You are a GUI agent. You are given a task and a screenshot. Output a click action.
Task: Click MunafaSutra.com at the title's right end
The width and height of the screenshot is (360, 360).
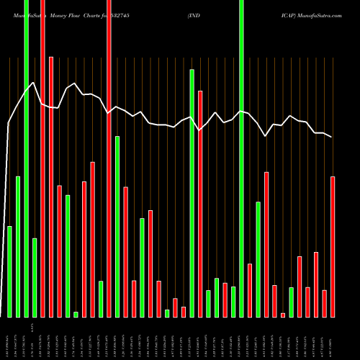[x=317, y=14]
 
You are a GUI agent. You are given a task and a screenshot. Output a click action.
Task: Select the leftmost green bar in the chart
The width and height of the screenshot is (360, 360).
[x=9, y=271]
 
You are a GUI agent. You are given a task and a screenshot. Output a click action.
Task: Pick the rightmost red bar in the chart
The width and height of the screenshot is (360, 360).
[x=333, y=246]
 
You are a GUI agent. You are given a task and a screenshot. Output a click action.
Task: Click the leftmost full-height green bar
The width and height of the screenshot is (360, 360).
[x=26, y=158]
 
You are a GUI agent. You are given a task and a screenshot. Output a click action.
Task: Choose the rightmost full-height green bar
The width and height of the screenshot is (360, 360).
[x=241, y=158]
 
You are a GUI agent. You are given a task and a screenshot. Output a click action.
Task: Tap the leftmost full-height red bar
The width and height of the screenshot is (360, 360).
[x=42, y=158]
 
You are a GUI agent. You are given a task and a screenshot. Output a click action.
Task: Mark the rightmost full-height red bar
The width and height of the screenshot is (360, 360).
[x=109, y=158]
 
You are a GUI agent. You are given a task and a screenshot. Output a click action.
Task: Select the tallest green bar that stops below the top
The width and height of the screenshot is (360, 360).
[x=192, y=193]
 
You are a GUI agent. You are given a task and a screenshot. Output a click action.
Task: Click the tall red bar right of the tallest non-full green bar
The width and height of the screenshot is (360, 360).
[x=200, y=204]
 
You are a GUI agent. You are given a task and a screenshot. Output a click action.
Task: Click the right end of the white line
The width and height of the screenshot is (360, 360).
[x=332, y=137]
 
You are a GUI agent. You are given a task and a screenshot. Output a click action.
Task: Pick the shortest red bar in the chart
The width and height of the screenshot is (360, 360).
[x=283, y=315]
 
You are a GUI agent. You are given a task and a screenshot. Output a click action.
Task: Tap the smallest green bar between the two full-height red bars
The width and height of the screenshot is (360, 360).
[x=76, y=314]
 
